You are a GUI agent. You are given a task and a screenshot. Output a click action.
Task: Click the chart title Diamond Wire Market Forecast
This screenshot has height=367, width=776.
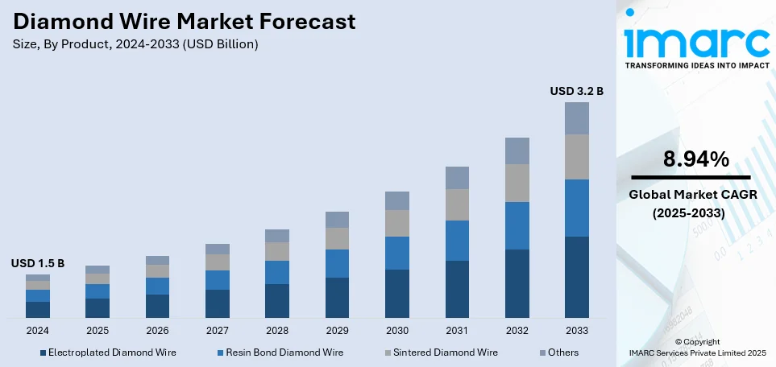(x=184, y=22)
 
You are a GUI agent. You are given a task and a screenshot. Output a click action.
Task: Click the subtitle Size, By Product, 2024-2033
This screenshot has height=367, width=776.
(x=135, y=44)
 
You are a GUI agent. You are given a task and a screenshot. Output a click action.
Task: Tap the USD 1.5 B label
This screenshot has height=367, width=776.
(x=37, y=263)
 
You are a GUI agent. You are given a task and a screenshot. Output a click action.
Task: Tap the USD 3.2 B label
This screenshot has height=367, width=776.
(x=576, y=91)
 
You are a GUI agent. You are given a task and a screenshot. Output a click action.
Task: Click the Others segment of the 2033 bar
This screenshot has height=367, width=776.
(x=576, y=118)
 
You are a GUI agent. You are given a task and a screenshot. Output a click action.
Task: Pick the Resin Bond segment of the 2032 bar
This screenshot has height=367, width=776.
(x=517, y=225)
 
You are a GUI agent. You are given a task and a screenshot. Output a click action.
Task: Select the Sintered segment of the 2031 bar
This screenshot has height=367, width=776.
(x=457, y=204)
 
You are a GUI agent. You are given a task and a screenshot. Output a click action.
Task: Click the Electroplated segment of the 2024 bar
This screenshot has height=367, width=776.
(x=38, y=309)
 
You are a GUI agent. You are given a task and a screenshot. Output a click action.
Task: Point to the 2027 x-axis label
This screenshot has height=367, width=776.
(x=218, y=331)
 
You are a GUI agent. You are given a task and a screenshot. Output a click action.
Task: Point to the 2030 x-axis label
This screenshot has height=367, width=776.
(x=397, y=331)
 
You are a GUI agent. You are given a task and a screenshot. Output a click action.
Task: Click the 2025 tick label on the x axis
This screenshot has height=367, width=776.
(x=98, y=331)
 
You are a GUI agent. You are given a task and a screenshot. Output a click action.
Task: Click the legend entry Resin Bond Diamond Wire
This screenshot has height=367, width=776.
(x=281, y=353)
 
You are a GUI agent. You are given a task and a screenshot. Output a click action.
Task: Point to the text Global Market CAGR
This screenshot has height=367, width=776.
(x=691, y=195)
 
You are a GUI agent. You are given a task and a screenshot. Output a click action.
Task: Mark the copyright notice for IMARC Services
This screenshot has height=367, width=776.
(x=697, y=348)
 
